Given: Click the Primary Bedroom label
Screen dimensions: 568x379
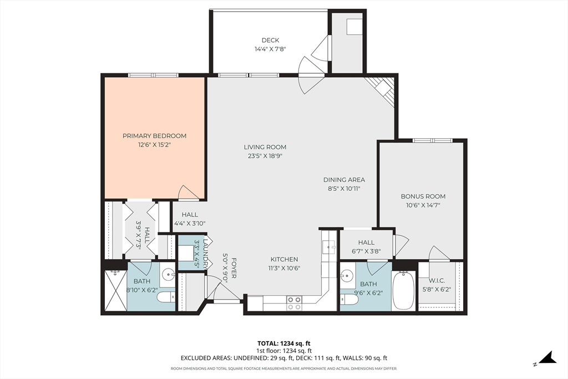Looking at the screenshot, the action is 154,136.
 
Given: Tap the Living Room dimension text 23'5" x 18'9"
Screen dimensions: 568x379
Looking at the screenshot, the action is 265,156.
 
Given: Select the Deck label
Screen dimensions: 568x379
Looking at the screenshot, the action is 270,40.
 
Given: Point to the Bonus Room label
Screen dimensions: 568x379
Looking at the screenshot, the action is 423,196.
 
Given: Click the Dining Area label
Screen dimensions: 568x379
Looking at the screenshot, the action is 344,180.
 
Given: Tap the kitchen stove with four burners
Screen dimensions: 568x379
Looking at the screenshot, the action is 294,304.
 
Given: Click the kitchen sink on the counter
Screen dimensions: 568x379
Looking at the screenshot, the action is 329,247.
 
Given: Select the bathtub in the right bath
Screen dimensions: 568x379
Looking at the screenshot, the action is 404,290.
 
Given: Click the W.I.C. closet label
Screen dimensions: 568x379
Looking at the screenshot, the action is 437,280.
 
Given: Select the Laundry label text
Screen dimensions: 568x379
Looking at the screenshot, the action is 206,253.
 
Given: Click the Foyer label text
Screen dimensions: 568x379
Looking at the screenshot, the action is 234,268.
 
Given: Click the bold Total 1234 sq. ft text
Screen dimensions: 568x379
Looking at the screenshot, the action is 283,343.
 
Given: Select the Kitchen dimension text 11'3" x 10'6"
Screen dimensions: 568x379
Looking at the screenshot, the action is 285,268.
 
